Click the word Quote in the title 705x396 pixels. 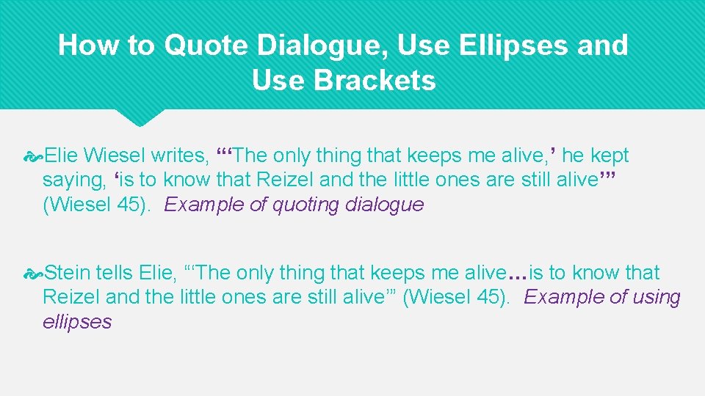pos(206,45)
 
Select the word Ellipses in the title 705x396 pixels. pos(516,45)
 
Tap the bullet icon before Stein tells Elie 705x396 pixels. pos(33,274)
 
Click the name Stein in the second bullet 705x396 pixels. pos(68,273)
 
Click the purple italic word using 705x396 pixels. pos(654,297)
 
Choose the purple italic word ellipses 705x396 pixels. pos(77,322)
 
